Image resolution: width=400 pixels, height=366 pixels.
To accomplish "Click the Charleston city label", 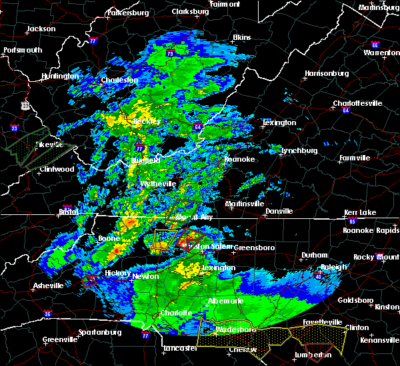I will [x=119, y=80].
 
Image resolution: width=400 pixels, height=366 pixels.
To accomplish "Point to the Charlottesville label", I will [x=357, y=103].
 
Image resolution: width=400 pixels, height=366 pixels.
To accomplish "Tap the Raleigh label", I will [x=334, y=267].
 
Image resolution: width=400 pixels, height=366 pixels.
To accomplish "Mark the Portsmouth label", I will [x=23, y=50].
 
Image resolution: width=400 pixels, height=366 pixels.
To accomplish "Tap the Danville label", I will [x=279, y=211].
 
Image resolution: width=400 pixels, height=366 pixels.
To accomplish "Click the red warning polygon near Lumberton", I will [x=318, y=348].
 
